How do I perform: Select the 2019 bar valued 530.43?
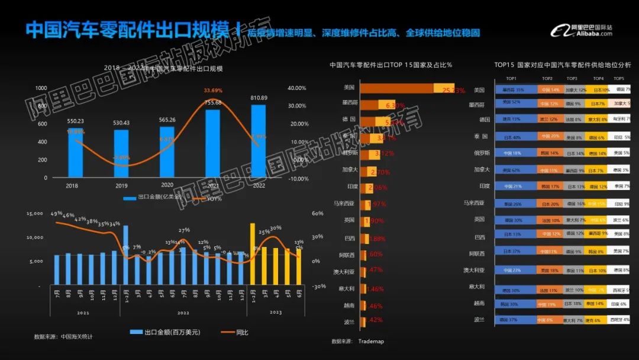click(121, 153)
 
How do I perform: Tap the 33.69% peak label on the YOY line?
click(212, 91)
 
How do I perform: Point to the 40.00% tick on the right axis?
click(297, 88)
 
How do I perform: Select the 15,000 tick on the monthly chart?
click(35, 214)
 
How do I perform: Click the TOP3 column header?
click(572, 78)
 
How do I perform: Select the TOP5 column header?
click(618, 78)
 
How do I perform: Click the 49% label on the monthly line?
click(57, 214)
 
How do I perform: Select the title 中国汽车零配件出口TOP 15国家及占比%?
click(390, 65)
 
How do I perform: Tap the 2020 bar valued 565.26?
click(167, 152)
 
